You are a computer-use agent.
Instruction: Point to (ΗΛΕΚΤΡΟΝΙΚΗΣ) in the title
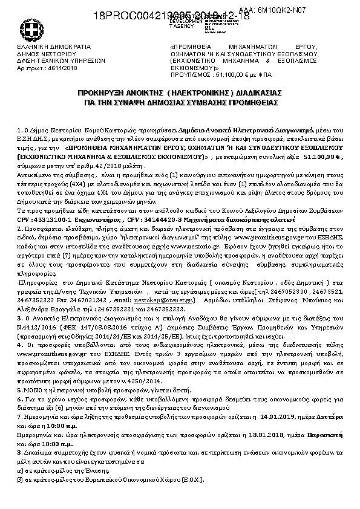[x=200, y=94]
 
